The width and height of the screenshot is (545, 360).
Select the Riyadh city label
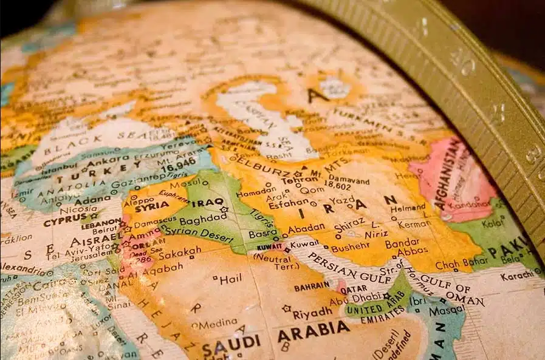coord(313,313)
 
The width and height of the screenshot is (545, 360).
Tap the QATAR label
coord(353,290)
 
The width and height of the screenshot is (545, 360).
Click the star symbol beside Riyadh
coord(286,308)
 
